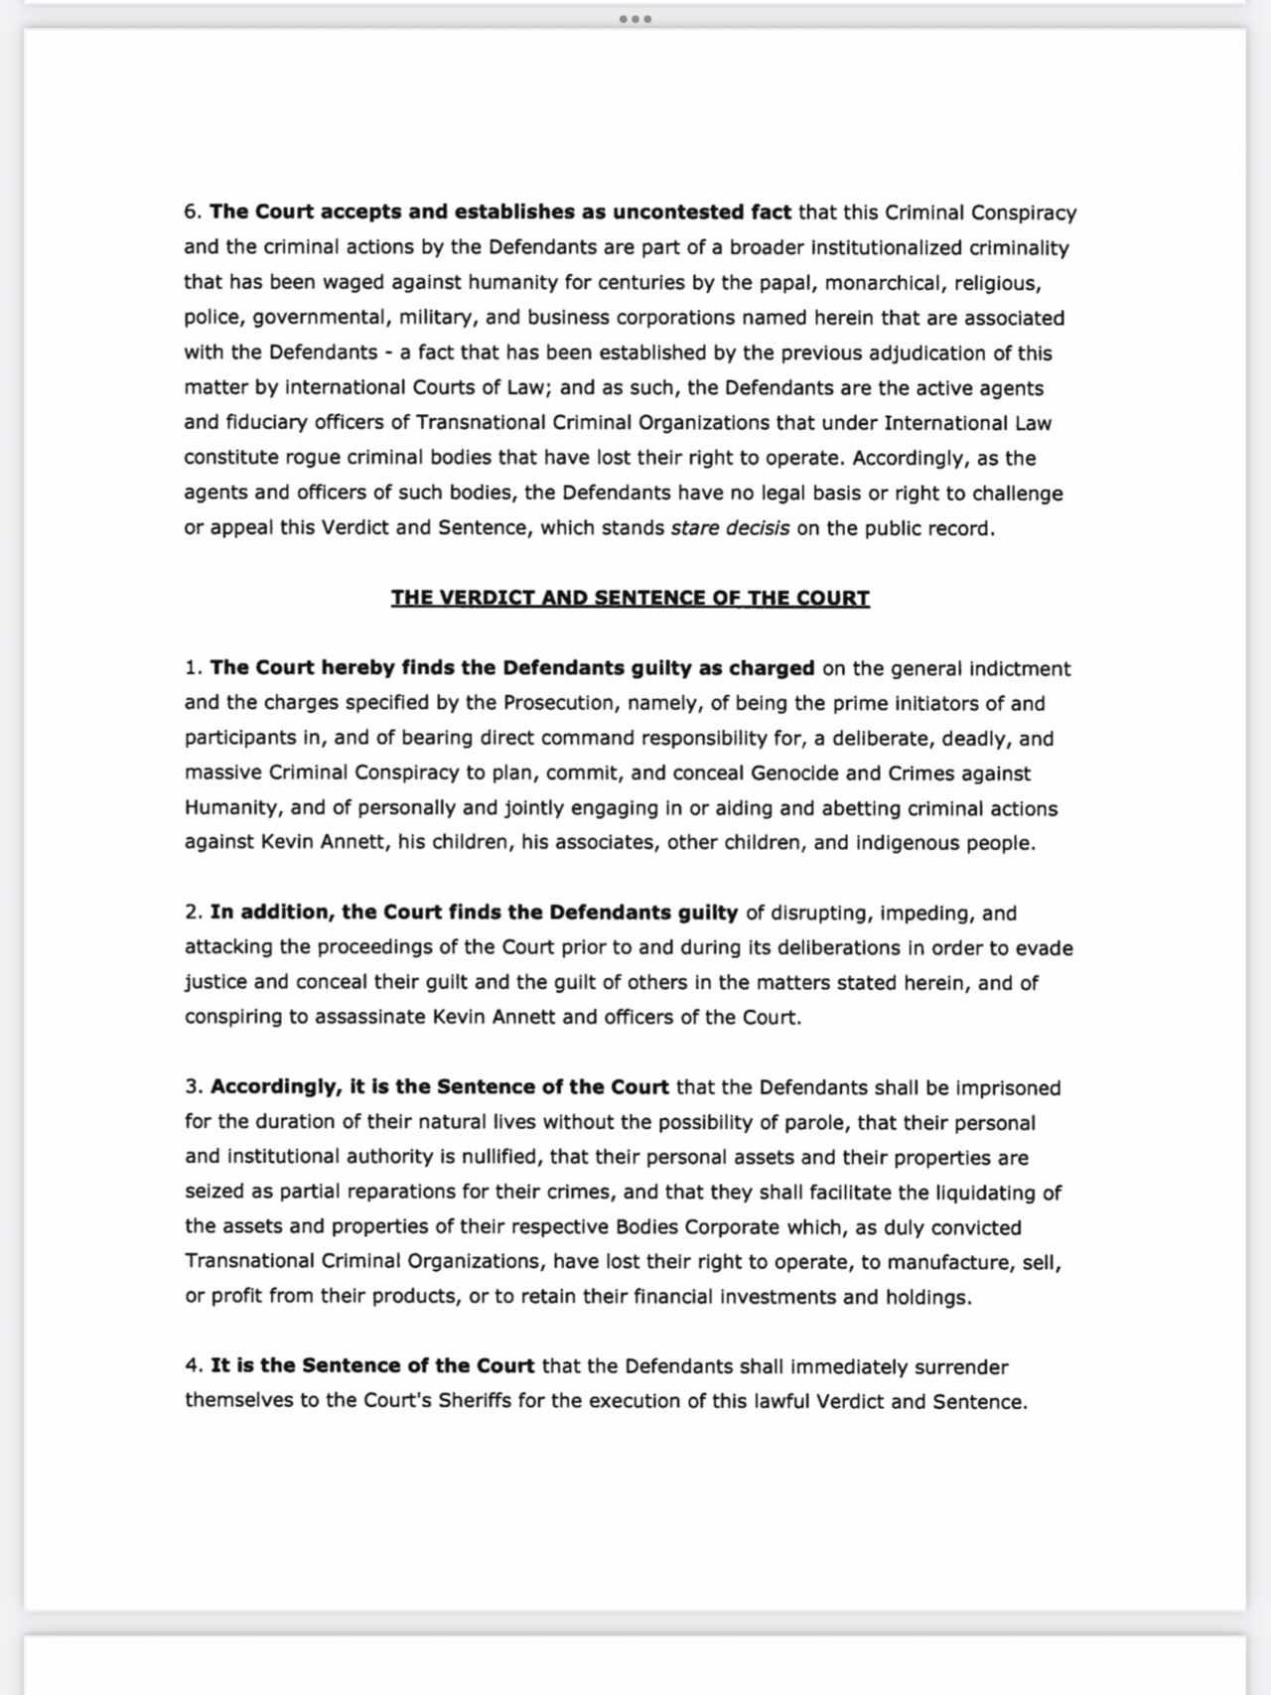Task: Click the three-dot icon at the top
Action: tap(635, 19)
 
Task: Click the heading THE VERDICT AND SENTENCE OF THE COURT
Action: tap(630, 598)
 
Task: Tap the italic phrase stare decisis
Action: tap(730, 528)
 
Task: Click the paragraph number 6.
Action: tap(192, 212)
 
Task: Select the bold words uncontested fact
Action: tap(702, 212)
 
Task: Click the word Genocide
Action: tap(794, 774)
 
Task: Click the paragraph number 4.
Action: tap(193, 1367)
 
